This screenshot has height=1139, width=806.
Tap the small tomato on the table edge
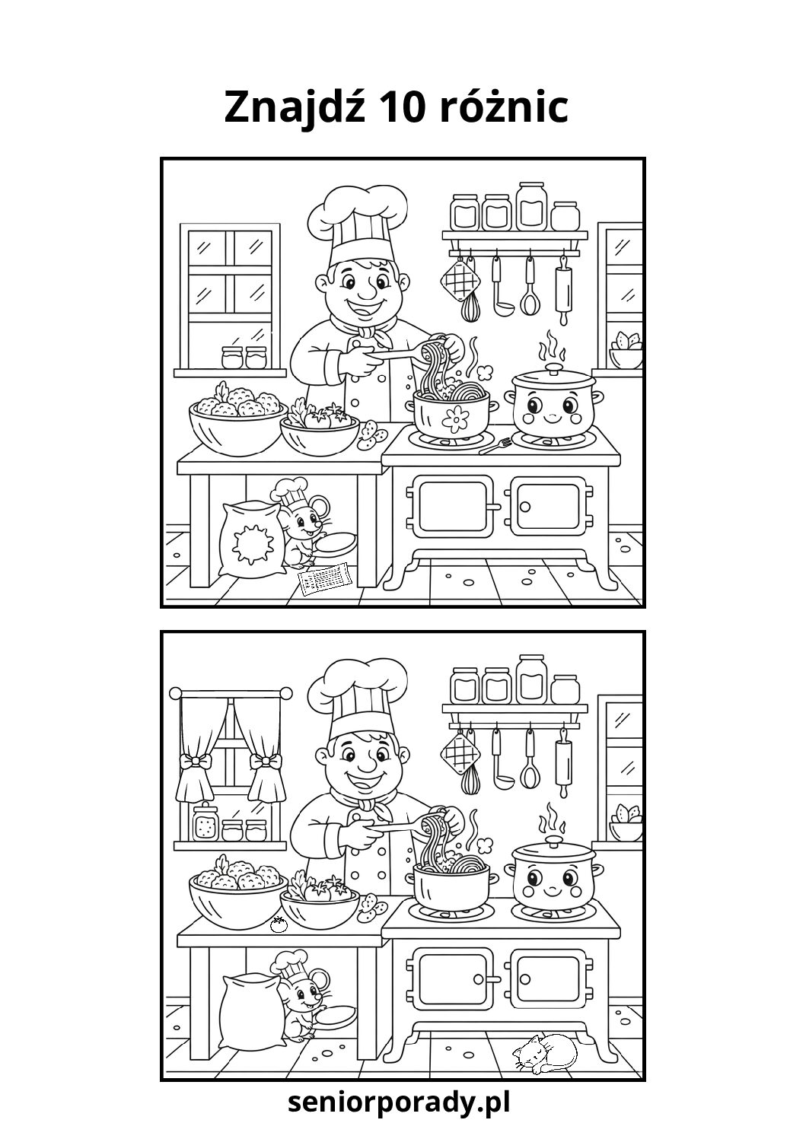278,924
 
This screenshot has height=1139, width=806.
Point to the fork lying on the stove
495,446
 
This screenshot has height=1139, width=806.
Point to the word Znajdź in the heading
295,108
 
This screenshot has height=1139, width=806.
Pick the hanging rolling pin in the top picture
563,290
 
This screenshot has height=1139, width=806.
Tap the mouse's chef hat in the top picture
289,490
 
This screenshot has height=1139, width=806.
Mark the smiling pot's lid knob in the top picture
553,367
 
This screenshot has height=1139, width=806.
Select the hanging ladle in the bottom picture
498,759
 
